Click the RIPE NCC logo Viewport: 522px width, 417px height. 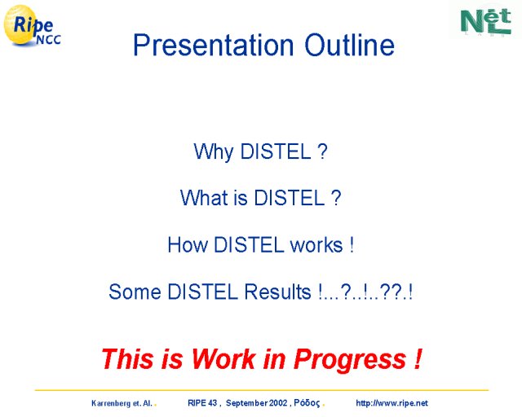click(x=32, y=25)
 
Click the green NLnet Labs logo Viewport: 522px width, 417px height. click(x=486, y=21)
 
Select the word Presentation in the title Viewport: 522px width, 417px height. click(x=213, y=46)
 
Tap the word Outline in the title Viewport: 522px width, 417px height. click(x=350, y=45)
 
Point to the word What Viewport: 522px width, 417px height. click(x=204, y=198)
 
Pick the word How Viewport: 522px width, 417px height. click(x=188, y=245)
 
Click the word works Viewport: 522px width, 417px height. click(x=316, y=245)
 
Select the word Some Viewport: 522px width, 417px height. click(x=135, y=292)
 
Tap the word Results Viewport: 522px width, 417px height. click(x=277, y=292)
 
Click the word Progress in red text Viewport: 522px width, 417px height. click(x=350, y=360)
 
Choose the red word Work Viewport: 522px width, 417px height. click(x=223, y=359)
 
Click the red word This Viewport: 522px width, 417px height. click(x=129, y=359)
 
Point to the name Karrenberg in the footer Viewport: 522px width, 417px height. click(x=111, y=403)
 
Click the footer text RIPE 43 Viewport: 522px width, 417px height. click(x=202, y=403)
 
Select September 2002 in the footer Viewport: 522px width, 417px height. click(x=256, y=403)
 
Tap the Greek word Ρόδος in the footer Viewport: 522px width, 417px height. click(x=307, y=403)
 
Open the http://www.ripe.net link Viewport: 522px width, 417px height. click(x=391, y=403)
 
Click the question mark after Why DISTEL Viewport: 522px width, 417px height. click(x=322, y=151)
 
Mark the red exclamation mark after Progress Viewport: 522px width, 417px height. click(x=418, y=358)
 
